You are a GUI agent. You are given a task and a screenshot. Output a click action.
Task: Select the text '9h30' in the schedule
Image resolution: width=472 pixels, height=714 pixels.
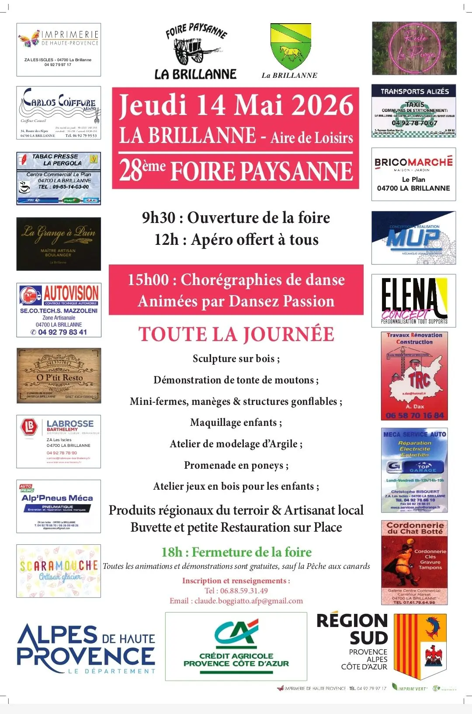pyautogui.click(x=159, y=218)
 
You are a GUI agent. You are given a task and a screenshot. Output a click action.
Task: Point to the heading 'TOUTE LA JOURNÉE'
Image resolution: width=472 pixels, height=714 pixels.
pyautogui.click(x=236, y=334)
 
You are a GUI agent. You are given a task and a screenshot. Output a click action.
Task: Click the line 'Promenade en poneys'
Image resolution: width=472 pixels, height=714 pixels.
pyautogui.click(x=236, y=465)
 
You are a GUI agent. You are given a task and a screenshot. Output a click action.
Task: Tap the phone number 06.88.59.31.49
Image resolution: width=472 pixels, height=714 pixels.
pyautogui.click(x=244, y=591)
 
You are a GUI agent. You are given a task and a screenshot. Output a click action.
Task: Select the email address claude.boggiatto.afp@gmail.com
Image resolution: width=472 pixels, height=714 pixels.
pyautogui.click(x=248, y=601)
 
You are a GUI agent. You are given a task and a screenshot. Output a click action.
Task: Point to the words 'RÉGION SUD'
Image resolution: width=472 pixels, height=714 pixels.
pyautogui.click(x=352, y=629)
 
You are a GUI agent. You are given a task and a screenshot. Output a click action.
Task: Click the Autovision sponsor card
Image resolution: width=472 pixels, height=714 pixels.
pyautogui.click(x=59, y=310)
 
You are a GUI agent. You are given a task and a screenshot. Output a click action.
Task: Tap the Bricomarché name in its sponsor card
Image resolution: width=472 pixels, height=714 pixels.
pyautogui.click(x=413, y=162)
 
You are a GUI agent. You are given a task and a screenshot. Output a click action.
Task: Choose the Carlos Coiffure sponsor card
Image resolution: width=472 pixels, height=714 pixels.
pyautogui.click(x=59, y=113)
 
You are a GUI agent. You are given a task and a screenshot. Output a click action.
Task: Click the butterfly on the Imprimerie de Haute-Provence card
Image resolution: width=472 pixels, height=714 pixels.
pyautogui.click(x=29, y=38)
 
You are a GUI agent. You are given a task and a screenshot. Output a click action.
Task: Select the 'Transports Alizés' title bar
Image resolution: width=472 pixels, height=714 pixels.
pyautogui.click(x=414, y=91)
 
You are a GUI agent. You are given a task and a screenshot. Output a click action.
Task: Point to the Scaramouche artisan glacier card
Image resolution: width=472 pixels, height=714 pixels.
pyautogui.click(x=59, y=571)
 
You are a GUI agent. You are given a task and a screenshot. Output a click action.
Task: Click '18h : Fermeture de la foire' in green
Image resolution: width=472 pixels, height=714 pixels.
pyautogui.click(x=236, y=552)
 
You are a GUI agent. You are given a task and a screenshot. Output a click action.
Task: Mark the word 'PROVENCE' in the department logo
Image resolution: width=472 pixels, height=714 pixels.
pyautogui.click(x=86, y=656)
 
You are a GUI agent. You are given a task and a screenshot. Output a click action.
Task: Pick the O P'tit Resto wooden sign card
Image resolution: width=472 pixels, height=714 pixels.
pyautogui.click(x=59, y=376)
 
